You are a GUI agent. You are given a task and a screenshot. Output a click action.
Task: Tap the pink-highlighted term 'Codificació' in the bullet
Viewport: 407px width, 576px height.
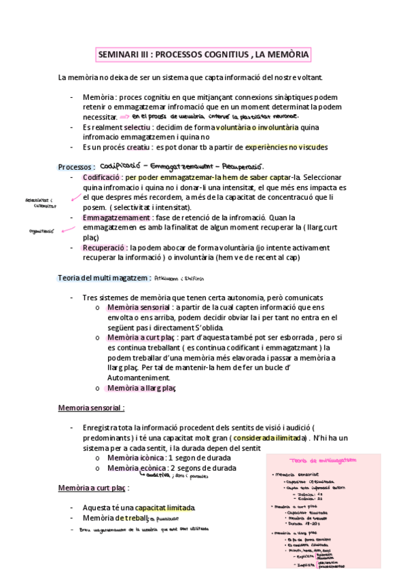[103, 177]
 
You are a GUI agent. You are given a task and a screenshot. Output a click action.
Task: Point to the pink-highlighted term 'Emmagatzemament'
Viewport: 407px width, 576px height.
[113, 217]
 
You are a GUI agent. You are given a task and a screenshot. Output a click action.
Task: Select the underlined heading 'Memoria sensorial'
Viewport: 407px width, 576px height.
[91, 408]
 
